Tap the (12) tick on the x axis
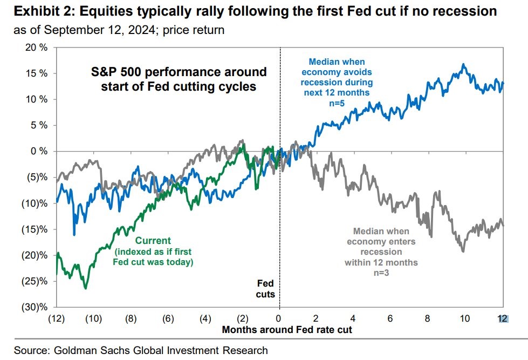[56, 318]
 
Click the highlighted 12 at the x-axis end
[503, 318]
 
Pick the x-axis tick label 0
[279, 318]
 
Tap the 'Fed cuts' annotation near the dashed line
[265, 289]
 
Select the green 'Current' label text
[153, 241]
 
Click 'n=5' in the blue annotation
[339, 103]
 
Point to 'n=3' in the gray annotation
[381, 274]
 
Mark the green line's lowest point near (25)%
[85, 288]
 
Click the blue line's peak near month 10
[463, 64]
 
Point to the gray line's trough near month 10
[463, 251]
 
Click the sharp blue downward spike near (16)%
[74, 234]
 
